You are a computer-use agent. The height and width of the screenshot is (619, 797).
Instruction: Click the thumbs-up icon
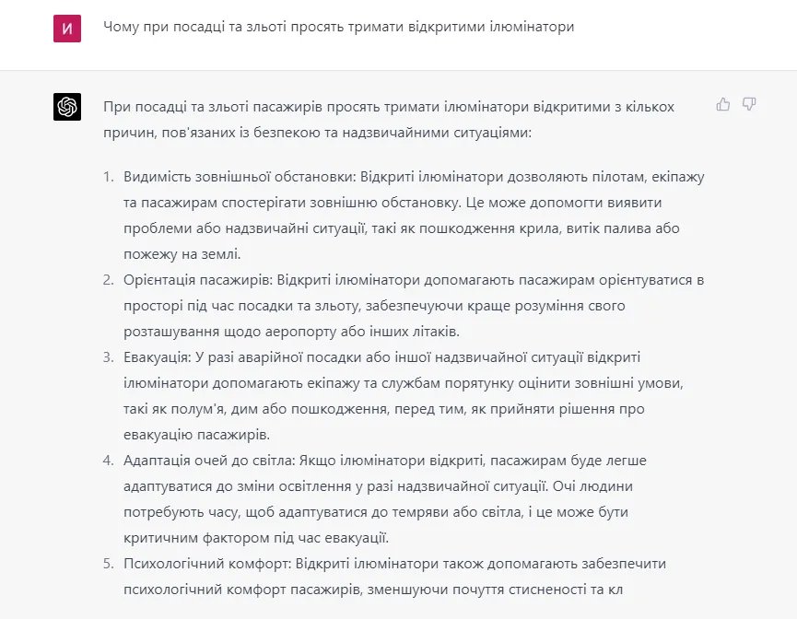(723, 104)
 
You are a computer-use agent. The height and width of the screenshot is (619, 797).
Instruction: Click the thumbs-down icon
(749, 104)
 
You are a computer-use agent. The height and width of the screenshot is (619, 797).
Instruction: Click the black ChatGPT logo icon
(67, 107)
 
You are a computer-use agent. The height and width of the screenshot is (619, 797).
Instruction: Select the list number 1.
(107, 176)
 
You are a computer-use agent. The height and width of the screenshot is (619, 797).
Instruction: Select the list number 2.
(107, 279)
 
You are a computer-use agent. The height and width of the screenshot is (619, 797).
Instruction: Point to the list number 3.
(107, 356)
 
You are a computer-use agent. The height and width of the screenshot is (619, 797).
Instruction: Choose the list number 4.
(107, 460)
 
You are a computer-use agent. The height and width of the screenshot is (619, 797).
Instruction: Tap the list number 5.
(107, 563)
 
